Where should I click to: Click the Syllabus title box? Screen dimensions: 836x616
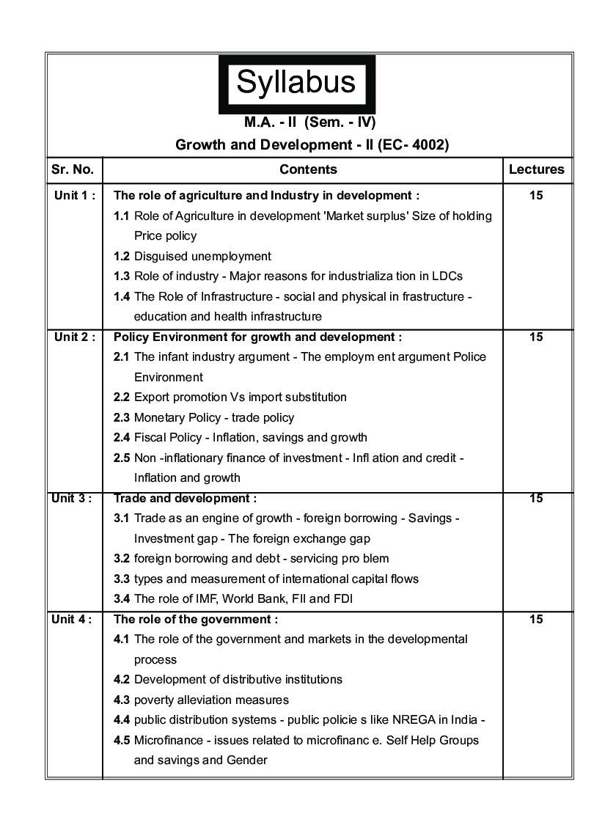pyautogui.click(x=296, y=83)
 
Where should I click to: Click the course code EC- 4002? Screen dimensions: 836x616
pyautogui.click(x=414, y=144)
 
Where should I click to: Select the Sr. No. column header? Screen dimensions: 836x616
pyautogui.click(x=73, y=169)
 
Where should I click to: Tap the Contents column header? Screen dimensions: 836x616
pyautogui.click(x=308, y=169)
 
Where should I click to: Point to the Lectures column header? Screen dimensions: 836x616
pyautogui.click(x=536, y=169)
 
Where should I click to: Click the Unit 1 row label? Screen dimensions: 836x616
pyautogui.click(x=74, y=196)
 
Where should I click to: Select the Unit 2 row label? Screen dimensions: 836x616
pyautogui.click(x=74, y=337)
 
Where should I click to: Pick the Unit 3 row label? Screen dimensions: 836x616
pyautogui.click(x=72, y=499)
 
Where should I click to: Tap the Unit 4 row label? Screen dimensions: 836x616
pyautogui.click(x=72, y=620)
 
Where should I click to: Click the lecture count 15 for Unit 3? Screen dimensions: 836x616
pyautogui.click(x=536, y=499)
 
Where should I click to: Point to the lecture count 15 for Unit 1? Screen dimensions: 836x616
pyautogui.click(x=536, y=196)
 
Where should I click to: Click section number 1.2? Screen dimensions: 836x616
pyautogui.click(x=122, y=257)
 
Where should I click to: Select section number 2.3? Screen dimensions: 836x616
pyautogui.click(x=122, y=418)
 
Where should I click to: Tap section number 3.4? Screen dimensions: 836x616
pyautogui.click(x=122, y=599)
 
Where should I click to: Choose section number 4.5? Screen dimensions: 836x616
pyautogui.click(x=122, y=741)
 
